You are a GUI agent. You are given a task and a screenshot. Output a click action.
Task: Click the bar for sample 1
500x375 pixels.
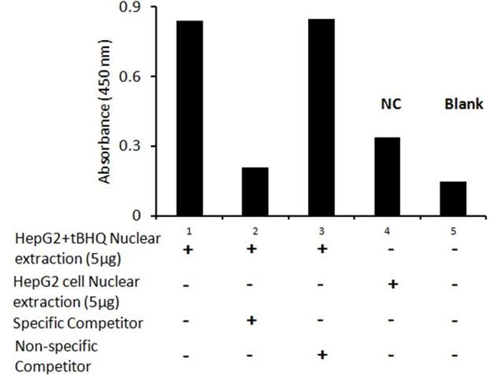[189, 119]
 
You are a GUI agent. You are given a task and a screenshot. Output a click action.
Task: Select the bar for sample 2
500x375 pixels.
[254, 192]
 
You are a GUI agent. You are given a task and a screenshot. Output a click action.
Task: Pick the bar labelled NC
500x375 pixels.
[386, 177]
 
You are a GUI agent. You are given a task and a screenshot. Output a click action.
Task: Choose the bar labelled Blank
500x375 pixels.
[453, 199]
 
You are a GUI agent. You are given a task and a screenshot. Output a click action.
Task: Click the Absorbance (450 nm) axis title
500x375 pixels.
[105, 112]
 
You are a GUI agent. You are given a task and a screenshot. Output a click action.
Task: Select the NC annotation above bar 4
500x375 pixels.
[390, 104]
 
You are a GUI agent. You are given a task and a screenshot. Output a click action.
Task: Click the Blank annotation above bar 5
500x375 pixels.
[464, 104]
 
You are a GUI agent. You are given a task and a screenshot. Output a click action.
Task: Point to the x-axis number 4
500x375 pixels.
[387, 231]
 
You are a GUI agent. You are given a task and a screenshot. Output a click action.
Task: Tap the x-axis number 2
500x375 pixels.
[254, 231]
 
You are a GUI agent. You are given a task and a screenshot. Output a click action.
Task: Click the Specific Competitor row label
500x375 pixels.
[79, 323]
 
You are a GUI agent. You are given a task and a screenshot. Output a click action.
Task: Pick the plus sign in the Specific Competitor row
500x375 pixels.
[252, 320]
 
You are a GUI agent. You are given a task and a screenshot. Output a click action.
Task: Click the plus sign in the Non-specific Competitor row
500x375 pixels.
[322, 355]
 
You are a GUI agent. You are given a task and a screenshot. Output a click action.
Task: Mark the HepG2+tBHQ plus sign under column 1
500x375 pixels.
[186, 249]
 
